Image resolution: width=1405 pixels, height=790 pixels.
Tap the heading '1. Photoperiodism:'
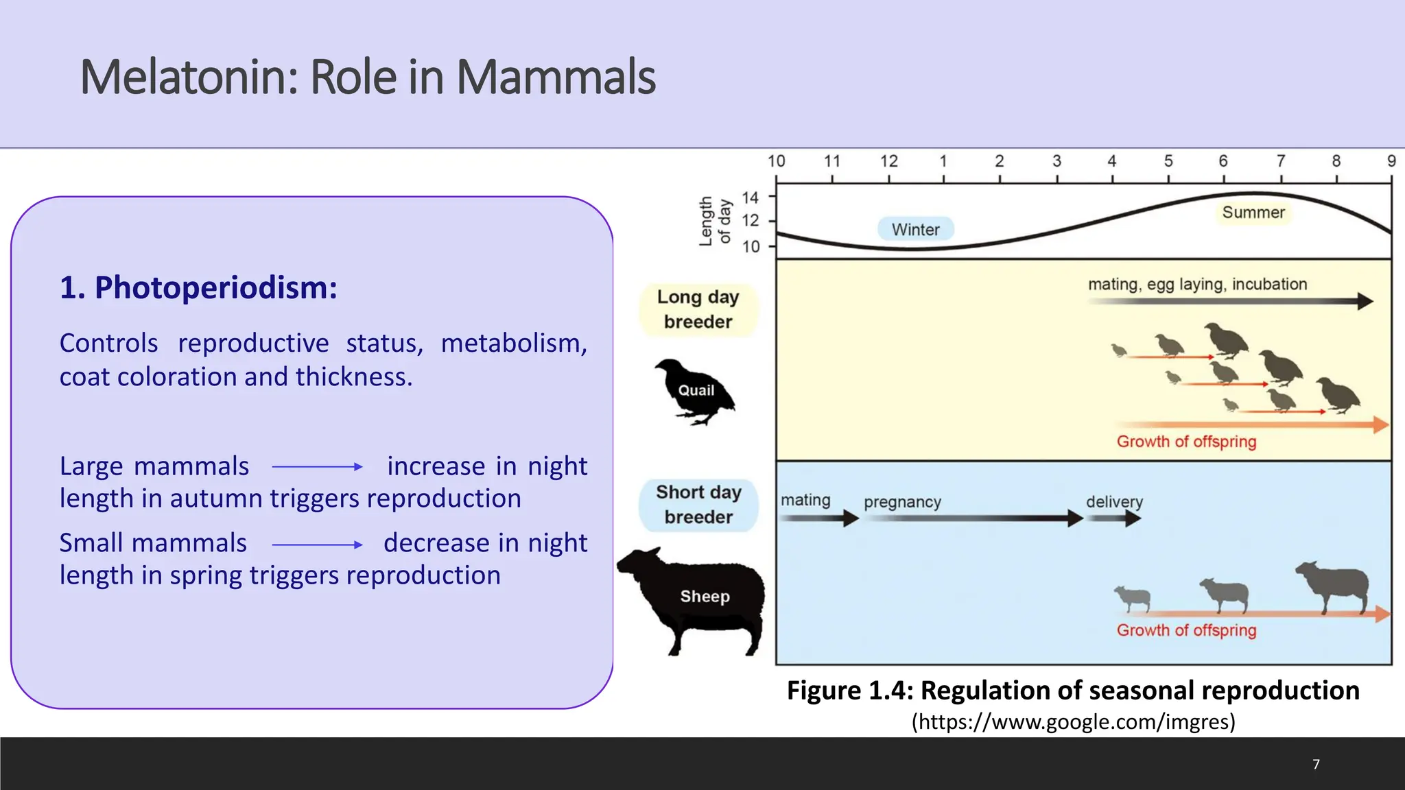(198, 287)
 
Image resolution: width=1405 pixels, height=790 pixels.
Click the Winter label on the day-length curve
(915, 229)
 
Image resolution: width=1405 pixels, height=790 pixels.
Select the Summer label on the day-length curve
(1253, 213)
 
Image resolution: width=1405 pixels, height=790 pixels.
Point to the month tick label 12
(888, 161)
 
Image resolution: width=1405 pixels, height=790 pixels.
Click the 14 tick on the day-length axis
(751, 197)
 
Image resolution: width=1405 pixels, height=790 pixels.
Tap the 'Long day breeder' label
(698, 309)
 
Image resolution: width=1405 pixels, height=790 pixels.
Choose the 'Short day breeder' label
(698, 504)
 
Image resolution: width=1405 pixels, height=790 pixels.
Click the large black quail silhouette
(694, 392)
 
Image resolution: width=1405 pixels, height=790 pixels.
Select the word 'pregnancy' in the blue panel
(902, 502)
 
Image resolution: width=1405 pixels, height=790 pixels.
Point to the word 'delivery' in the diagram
(1114, 501)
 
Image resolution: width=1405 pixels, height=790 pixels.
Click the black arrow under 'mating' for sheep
(819, 518)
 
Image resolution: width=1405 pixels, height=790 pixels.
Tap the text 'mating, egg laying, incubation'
(1197, 285)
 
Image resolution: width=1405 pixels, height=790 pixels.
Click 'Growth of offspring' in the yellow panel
(1186, 442)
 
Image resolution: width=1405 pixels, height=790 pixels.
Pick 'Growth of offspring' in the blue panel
(1186, 630)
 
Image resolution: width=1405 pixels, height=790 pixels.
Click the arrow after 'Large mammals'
(317, 467)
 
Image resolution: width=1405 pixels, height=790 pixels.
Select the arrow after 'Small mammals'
(317, 545)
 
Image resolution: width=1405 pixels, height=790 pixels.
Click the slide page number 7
(1316, 765)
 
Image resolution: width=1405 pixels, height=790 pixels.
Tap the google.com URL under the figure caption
(1073, 721)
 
